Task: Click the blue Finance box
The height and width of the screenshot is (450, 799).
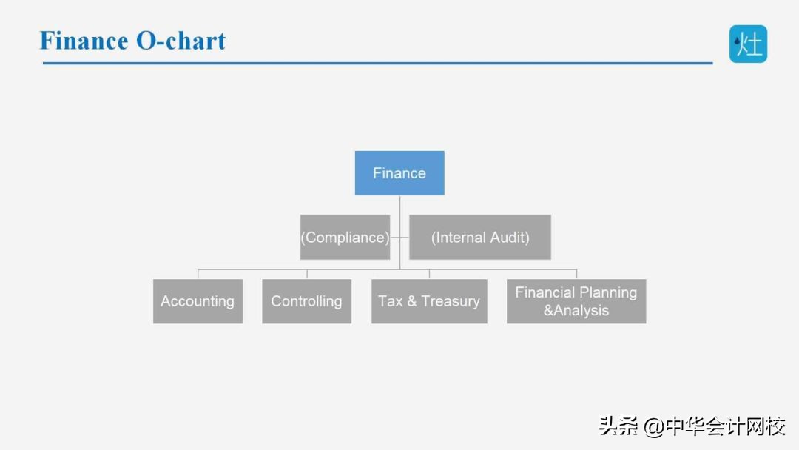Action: coord(399,172)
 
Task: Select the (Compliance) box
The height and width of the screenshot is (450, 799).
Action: coord(345,237)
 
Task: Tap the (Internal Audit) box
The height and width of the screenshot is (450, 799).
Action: coord(480,237)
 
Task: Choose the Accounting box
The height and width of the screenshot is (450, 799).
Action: coord(198,301)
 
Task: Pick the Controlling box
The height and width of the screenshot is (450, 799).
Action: coord(307,301)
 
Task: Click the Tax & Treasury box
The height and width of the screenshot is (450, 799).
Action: coord(429,301)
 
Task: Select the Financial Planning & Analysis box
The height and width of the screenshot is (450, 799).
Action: coord(576,301)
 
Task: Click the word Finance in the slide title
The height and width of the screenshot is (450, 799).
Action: coord(84,41)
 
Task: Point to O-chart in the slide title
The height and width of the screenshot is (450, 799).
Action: coord(181,41)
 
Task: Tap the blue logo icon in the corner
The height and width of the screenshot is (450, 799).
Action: coord(748,44)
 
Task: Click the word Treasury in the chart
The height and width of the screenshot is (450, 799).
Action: coord(451,302)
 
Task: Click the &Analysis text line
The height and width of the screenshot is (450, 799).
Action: coord(576,310)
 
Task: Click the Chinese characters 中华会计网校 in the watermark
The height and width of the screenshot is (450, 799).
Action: coord(725,426)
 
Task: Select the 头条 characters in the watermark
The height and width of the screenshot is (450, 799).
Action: coord(618,426)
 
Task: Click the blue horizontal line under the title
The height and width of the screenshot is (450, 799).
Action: coord(377,63)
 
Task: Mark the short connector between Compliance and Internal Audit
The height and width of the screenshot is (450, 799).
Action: coord(400,238)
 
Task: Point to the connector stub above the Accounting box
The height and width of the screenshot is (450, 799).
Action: coord(198,274)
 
